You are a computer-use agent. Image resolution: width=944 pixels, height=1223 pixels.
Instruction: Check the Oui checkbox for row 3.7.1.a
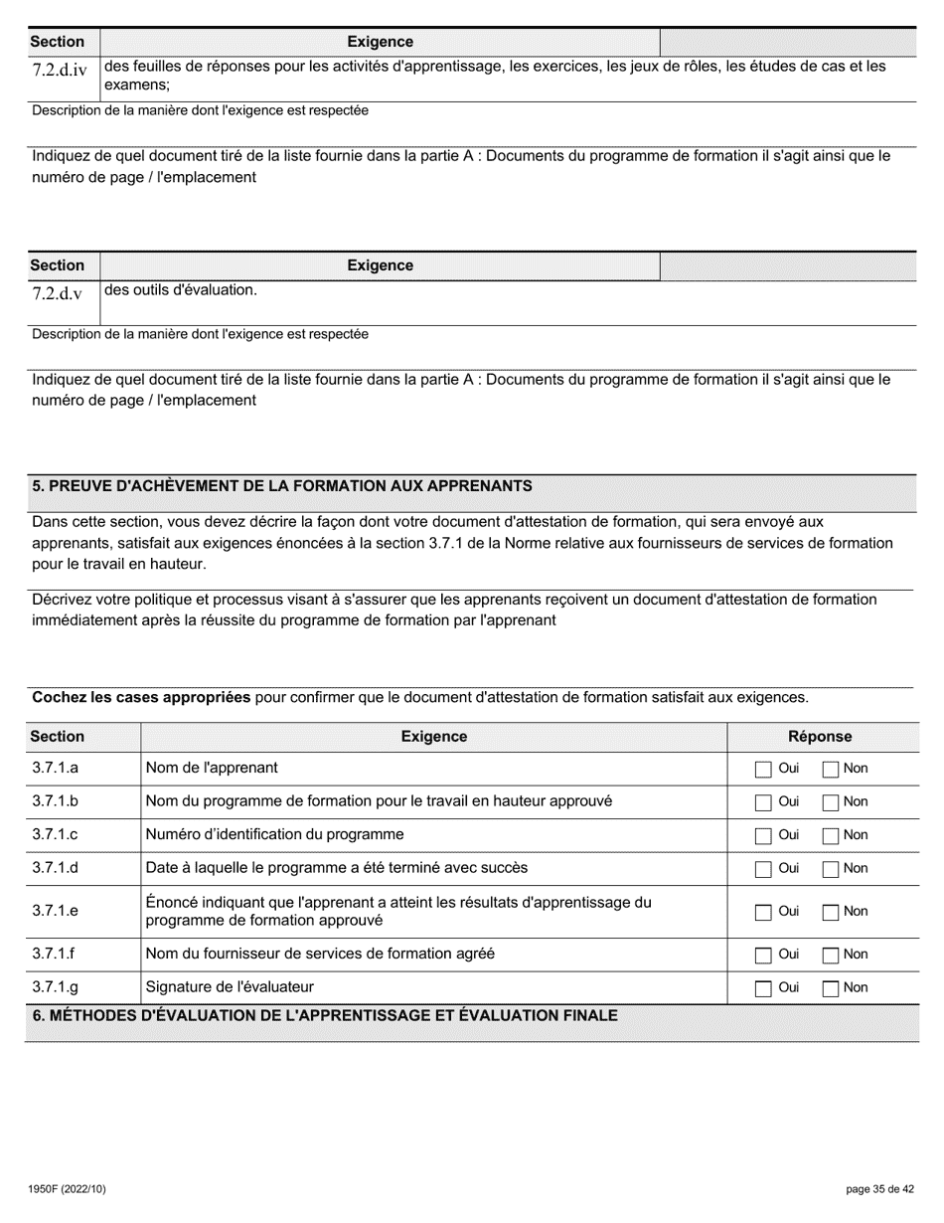[x=763, y=769]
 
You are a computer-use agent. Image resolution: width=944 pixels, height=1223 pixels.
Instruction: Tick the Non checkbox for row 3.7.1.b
[x=831, y=802]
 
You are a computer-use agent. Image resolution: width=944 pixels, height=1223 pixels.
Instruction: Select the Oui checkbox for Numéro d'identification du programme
[x=763, y=835]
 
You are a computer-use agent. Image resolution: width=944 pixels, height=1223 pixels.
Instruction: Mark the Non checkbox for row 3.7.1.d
[x=831, y=869]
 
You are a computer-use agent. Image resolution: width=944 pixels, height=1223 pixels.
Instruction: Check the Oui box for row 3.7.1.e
[x=763, y=912]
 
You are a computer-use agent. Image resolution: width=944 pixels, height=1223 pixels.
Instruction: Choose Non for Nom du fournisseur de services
[x=831, y=955]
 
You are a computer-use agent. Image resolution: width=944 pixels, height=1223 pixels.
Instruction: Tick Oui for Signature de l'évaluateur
[x=763, y=988]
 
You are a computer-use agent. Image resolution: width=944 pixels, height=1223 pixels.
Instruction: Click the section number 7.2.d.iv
[x=60, y=71]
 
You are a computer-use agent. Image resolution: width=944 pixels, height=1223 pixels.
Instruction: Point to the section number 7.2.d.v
[x=57, y=293]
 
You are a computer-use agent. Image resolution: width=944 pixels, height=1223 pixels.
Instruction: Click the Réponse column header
[x=820, y=737]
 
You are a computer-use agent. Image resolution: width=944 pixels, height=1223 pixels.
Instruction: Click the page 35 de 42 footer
[x=879, y=1189]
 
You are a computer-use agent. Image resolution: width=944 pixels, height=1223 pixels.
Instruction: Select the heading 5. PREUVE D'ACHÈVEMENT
[x=282, y=486]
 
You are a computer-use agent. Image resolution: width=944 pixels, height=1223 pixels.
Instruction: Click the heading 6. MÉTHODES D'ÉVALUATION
[x=325, y=1015]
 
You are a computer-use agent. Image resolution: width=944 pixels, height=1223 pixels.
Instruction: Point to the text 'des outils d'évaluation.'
[x=181, y=290]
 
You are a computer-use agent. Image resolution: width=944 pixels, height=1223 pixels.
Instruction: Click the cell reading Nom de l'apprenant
[x=212, y=768]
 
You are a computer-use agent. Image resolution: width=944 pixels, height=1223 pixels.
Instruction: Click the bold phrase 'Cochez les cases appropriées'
[x=141, y=697]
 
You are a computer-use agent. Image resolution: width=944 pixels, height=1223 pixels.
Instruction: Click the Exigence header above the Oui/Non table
[x=433, y=737]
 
